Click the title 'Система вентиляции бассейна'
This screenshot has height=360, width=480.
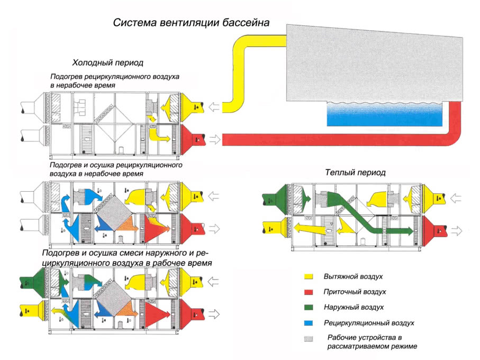[191, 23]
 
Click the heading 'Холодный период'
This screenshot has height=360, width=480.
[108, 62]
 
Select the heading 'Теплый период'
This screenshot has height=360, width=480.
[355, 173]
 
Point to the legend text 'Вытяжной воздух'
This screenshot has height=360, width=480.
[354, 277]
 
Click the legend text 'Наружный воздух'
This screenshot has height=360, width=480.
[354, 307]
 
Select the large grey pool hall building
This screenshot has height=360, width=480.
[370, 64]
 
